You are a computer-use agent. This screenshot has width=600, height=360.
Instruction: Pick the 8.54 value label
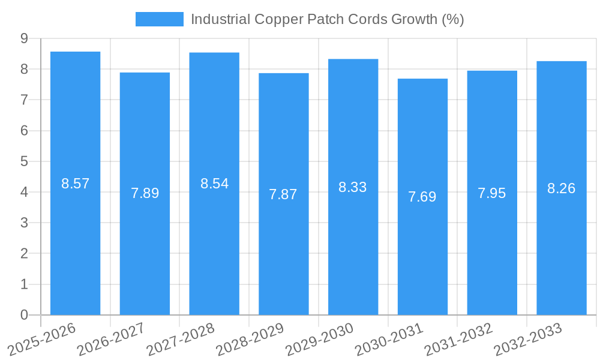pos(214,184)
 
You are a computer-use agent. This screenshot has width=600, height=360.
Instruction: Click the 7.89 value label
pos(145,193)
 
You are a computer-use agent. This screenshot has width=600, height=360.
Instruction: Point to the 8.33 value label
pos(353,187)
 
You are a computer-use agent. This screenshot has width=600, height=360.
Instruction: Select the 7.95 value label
pos(492,193)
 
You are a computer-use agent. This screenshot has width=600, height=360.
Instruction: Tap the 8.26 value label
pos(561,188)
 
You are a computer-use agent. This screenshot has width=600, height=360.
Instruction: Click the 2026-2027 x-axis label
pos(111,340)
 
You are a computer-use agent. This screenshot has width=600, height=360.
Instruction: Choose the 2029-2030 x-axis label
pos(319,340)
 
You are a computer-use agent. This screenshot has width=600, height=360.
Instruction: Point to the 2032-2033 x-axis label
pos(527,340)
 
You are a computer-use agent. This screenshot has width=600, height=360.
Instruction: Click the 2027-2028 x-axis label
pos(181,340)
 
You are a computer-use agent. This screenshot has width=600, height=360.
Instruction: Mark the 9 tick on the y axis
pos(24,38)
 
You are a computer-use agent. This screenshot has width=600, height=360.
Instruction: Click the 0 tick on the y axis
pos(24,315)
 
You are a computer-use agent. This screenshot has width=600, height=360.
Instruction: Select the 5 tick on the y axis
pos(24,161)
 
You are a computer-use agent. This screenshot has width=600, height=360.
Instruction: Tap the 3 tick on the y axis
pos(24,223)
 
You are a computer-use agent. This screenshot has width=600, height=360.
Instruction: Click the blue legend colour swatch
pos(160,19)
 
